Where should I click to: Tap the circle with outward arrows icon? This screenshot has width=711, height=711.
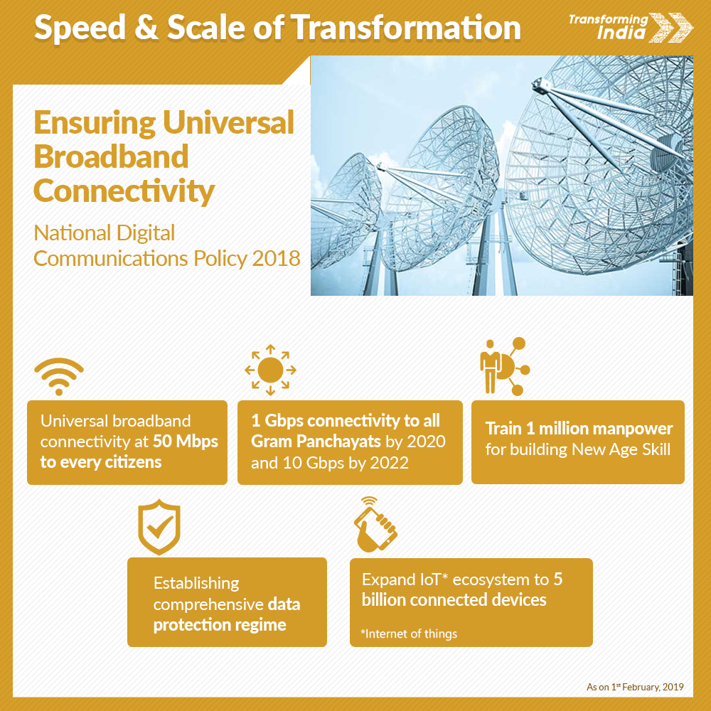coord(270,370)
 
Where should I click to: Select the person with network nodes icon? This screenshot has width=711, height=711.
coord(504,366)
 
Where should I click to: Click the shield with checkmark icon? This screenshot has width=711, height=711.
coord(159,527)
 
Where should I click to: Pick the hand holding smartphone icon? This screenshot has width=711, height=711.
coord(375,525)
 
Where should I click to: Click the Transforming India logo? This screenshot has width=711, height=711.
coord(630,27)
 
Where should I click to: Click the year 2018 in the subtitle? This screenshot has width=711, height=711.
coord(276,259)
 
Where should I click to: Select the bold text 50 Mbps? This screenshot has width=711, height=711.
coord(186,442)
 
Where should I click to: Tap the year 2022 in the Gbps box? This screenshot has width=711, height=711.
coord(390,463)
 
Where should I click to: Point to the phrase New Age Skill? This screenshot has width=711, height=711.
coord(621,449)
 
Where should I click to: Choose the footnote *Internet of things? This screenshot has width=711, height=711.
coord(409,634)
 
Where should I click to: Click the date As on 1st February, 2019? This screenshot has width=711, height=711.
coord(635,687)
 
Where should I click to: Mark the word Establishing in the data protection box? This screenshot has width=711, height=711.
coord(196,584)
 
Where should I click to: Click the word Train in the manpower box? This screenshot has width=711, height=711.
coord(503,429)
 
